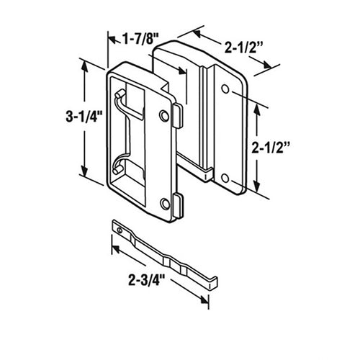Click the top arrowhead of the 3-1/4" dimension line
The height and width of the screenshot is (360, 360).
tap(86, 66)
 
